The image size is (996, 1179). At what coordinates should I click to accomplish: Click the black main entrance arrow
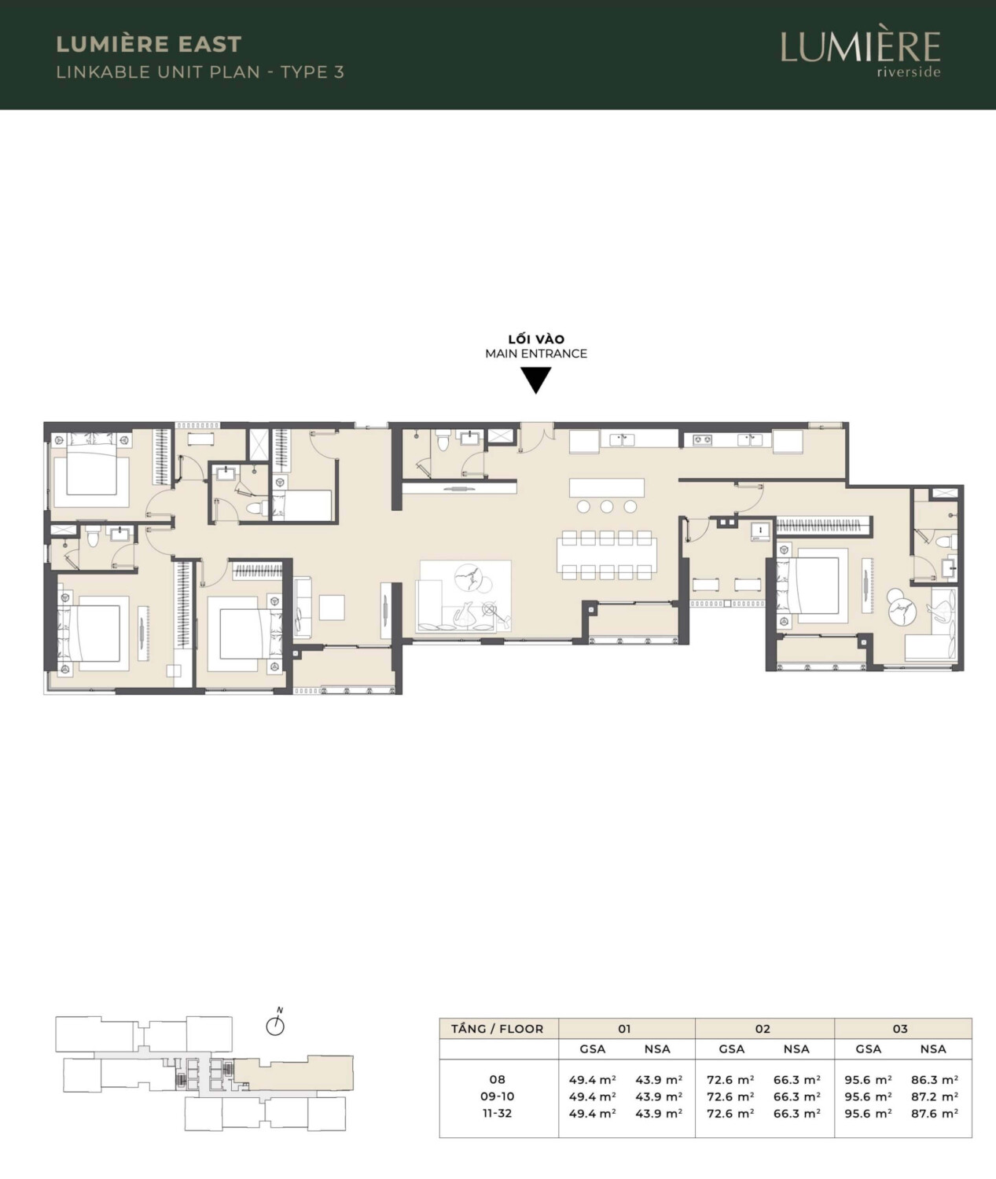point(535,380)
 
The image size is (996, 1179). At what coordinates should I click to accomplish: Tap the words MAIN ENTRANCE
point(536,354)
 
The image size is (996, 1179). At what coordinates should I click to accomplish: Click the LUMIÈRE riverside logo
point(861,53)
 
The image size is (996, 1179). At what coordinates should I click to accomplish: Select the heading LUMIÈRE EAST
point(149,44)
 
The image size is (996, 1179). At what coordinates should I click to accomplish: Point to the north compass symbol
point(275,1023)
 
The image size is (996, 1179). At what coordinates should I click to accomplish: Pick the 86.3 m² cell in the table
point(935,1080)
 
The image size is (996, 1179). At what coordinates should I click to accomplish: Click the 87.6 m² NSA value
point(935,1114)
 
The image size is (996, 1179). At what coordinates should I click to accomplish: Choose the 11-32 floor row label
point(497,1114)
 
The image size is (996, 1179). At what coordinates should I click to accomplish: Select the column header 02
point(763,1029)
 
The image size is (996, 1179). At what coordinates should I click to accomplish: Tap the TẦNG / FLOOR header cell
point(498,1029)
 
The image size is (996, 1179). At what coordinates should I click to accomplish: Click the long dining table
point(607,554)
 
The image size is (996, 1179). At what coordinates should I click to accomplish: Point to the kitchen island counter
point(607,487)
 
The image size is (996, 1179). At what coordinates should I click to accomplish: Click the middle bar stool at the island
point(607,506)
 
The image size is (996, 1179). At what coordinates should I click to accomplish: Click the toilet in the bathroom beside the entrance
point(443,441)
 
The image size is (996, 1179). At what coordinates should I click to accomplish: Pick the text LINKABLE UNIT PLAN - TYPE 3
point(200,72)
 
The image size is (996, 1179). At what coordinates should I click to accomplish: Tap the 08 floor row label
point(497,1080)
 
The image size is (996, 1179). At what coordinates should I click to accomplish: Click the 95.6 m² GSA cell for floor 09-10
point(869,1096)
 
